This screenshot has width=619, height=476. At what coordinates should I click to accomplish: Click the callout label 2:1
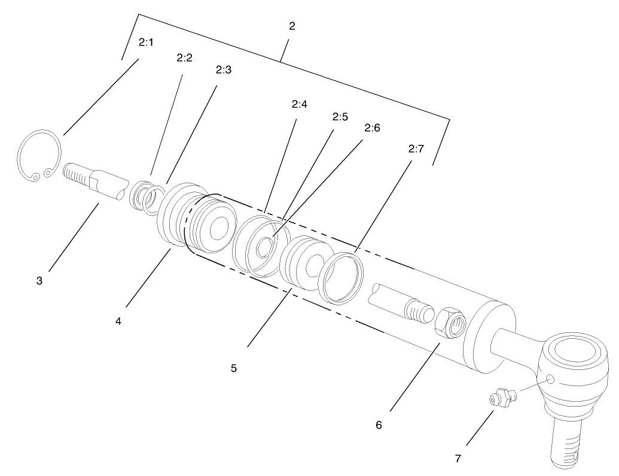click(x=146, y=43)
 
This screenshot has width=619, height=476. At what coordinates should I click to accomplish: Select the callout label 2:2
click(x=184, y=58)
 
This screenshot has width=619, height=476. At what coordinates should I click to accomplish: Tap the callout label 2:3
click(x=223, y=69)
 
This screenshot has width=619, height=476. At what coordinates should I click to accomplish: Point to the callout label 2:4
click(x=300, y=104)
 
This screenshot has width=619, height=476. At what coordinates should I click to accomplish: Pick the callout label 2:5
click(x=340, y=117)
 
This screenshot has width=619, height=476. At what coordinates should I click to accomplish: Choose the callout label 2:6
click(x=372, y=128)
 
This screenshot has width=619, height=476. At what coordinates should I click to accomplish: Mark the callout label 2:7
click(x=416, y=149)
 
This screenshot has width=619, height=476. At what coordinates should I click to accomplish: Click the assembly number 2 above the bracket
click(x=292, y=26)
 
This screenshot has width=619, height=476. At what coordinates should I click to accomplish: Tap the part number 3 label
click(x=39, y=280)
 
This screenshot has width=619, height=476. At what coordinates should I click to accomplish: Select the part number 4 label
click(x=118, y=322)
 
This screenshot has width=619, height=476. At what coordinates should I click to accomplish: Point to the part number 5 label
click(x=234, y=368)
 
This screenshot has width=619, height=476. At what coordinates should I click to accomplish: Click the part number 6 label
click(x=379, y=425)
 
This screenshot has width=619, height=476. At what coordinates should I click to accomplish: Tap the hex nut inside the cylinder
click(x=451, y=325)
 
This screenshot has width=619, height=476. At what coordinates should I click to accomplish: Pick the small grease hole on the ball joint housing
click(x=550, y=379)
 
